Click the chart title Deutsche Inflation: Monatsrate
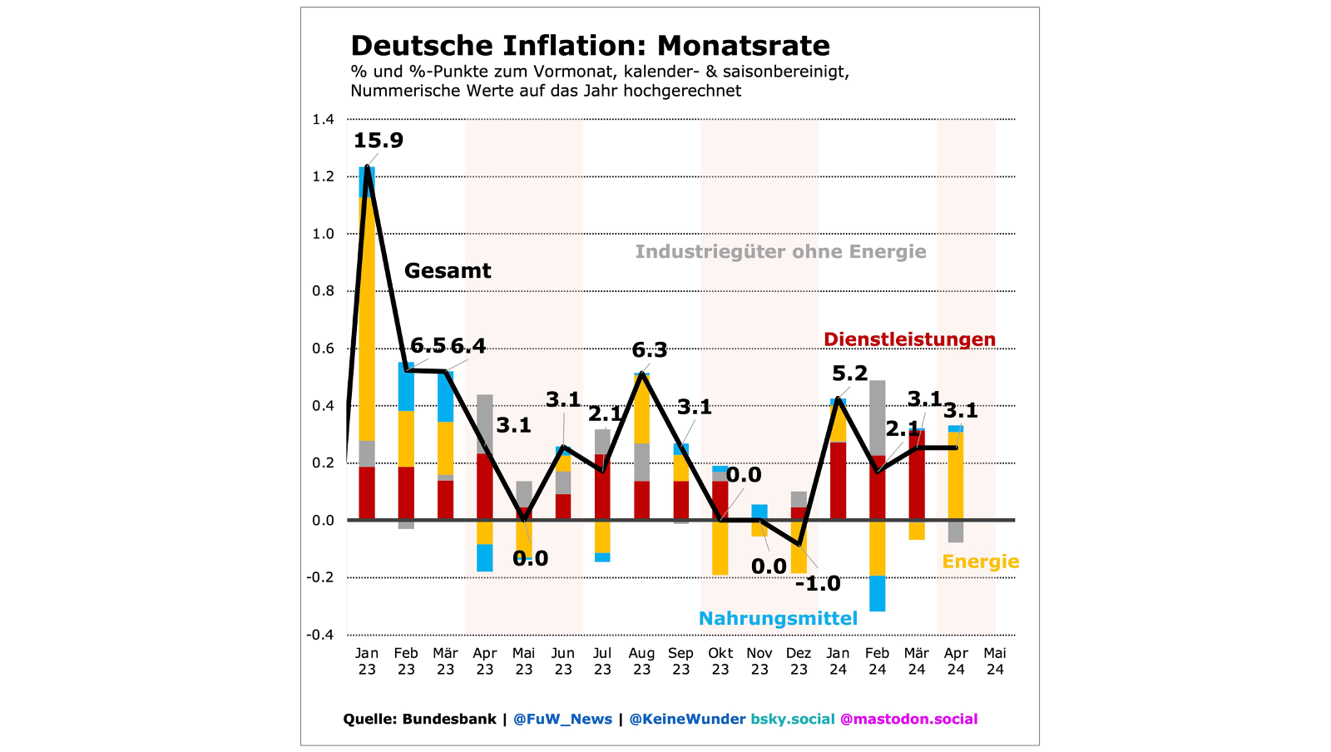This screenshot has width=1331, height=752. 590,46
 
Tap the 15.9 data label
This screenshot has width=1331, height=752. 379,141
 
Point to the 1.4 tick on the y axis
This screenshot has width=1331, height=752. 323,120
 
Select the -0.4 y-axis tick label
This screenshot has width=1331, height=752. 320,635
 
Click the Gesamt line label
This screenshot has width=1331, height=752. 448,271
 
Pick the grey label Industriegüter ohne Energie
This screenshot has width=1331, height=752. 780,252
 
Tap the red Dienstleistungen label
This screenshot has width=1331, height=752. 909,339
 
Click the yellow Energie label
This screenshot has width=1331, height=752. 980,562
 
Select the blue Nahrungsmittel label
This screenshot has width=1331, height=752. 778,619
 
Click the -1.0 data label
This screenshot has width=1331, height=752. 818,584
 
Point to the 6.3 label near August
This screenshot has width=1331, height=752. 650,350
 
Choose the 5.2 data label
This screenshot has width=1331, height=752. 849,374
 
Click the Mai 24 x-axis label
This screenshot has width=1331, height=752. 995,661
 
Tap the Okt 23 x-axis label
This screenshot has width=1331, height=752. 720,661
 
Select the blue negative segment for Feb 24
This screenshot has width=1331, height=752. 877,593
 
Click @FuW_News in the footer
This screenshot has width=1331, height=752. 562,720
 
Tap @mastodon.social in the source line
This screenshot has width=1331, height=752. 908,720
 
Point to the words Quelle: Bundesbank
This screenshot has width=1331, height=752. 419,720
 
